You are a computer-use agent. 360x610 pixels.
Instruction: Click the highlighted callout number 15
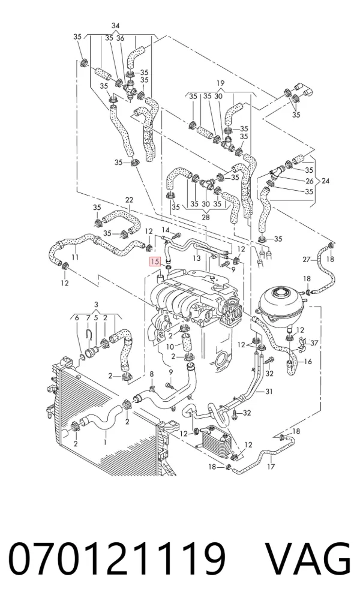tap(155, 262)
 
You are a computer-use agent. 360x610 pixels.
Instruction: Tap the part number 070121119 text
tap(117, 558)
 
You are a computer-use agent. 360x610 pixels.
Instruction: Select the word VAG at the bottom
tap(308, 558)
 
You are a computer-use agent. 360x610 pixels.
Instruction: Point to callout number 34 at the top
tap(116, 26)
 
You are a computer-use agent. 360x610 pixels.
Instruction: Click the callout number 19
tap(221, 83)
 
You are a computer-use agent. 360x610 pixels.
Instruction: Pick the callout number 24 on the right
tap(325, 181)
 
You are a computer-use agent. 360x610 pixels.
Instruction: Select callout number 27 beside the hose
tap(307, 260)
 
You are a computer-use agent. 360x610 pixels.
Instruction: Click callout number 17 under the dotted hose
tap(271, 467)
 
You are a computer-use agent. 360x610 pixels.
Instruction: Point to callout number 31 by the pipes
tap(269, 391)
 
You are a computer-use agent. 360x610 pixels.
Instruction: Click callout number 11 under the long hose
tap(76, 257)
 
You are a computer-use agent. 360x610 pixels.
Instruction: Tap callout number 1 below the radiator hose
tap(105, 442)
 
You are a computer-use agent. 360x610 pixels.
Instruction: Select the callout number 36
tap(120, 38)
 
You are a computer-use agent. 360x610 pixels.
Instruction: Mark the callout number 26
tap(310, 181)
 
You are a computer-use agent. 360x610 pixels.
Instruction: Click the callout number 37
tap(314, 342)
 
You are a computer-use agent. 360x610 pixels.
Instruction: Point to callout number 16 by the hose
tap(307, 362)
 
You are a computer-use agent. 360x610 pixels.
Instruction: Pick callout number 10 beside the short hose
tap(170, 347)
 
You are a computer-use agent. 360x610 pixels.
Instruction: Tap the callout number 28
tap(205, 217)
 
